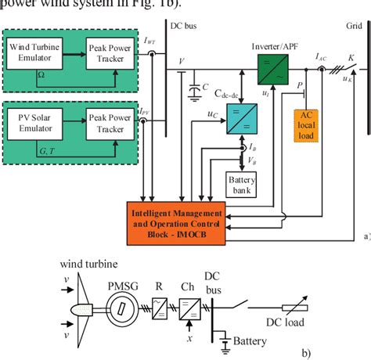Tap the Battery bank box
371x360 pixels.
click(x=241, y=184)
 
